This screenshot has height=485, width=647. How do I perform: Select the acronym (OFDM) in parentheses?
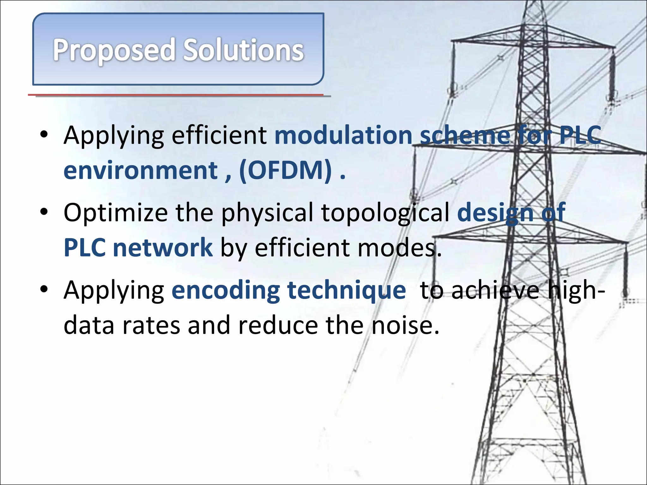tap(286, 171)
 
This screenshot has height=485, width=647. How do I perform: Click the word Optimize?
tap(116, 213)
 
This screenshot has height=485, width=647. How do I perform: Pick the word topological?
tap(385, 213)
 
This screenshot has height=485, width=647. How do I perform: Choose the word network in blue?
tap(163, 248)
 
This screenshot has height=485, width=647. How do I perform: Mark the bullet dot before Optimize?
tap(44, 211)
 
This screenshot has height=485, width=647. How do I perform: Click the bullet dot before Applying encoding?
tap(44, 289)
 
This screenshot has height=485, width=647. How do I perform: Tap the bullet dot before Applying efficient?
tap(44, 134)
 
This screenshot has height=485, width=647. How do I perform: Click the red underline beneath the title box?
tap(176, 94)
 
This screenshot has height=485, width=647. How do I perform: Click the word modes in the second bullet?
tap(399, 248)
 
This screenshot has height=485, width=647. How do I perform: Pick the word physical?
tap(267, 213)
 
